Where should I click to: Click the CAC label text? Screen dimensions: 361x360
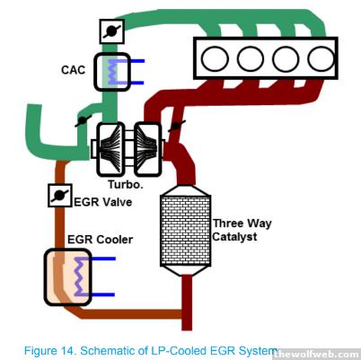[x=73, y=70]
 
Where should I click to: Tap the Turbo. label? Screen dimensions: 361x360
[x=126, y=184]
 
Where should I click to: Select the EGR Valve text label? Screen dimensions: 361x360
[x=103, y=202]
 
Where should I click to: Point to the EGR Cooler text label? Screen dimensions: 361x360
[x=100, y=240]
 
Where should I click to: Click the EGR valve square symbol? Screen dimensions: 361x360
[x=60, y=196]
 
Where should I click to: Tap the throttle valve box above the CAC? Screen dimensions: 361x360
[x=112, y=31]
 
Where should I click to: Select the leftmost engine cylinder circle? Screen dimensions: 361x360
[x=215, y=58]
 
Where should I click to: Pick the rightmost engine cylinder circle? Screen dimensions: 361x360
[x=321, y=58]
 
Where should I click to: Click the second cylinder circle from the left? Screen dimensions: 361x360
[x=251, y=58]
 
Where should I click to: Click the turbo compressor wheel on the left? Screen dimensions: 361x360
[x=110, y=149]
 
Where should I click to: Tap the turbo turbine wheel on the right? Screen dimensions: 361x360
[x=147, y=149]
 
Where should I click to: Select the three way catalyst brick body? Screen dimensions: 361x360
[x=186, y=231]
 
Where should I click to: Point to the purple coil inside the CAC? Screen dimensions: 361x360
[x=112, y=72]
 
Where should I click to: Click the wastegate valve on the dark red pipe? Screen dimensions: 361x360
[x=177, y=126]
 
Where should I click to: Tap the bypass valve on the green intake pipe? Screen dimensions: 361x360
[x=83, y=120]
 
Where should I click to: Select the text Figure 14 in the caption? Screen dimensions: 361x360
[x=49, y=350]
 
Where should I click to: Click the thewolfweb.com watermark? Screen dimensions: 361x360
[x=316, y=355]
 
